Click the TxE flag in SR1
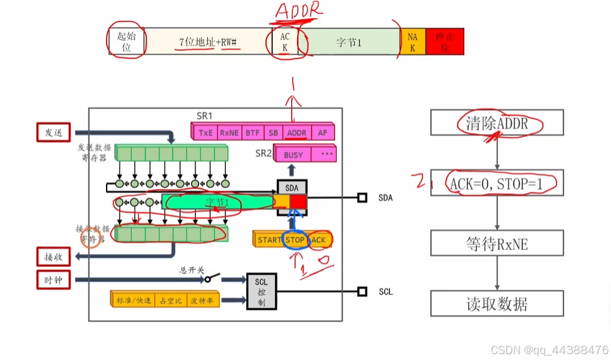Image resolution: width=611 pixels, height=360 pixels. click(205, 132)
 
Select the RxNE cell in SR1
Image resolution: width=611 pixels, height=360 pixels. click(229, 132)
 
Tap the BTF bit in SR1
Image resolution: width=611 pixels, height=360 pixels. click(252, 132)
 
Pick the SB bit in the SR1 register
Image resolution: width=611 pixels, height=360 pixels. click(272, 132)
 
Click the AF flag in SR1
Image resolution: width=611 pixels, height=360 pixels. click(322, 132)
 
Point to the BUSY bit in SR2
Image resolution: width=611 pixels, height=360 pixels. click(293, 155)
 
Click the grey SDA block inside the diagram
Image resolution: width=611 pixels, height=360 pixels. click(291, 187)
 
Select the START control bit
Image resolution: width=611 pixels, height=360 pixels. click(269, 240)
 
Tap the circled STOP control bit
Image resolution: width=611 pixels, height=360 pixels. click(295, 240)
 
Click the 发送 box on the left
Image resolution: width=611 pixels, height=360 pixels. click(54, 133)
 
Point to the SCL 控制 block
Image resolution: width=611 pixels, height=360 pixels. click(261, 290)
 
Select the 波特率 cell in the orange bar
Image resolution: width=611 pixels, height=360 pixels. click(203, 300)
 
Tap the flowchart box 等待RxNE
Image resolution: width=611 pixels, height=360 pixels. click(497, 245)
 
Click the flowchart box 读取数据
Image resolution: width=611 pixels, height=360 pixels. click(497, 303)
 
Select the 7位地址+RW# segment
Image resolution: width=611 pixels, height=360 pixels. click(208, 42)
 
